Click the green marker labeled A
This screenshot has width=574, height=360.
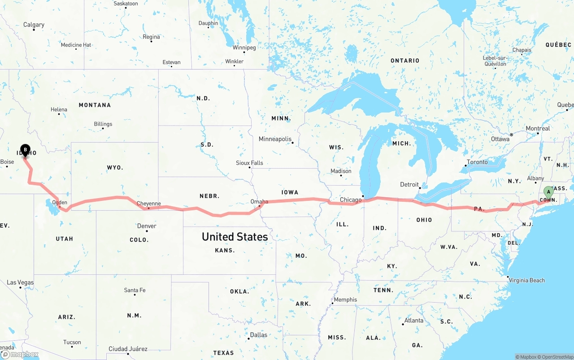(x=548, y=192)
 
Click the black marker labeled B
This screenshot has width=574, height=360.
(x=26, y=150)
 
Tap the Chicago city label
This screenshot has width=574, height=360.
(x=351, y=200)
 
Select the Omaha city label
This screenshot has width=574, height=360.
(x=259, y=202)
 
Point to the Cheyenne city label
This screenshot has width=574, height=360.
(x=148, y=204)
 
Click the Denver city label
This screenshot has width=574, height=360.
(x=147, y=226)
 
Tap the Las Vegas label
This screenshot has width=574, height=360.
(x=20, y=282)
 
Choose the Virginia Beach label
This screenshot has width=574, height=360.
(x=526, y=280)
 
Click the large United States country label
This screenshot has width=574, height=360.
(x=235, y=237)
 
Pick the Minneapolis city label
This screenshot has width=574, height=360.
(x=275, y=139)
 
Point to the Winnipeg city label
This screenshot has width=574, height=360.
(x=244, y=48)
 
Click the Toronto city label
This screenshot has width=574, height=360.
(x=477, y=162)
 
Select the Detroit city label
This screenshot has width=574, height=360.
(x=409, y=184)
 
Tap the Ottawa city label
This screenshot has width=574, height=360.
(x=500, y=139)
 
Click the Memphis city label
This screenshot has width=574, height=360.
(x=345, y=299)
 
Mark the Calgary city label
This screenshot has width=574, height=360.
(x=34, y=25)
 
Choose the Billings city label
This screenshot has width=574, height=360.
(x=103, y=124)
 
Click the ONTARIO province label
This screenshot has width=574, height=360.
(x=405, y=61)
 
